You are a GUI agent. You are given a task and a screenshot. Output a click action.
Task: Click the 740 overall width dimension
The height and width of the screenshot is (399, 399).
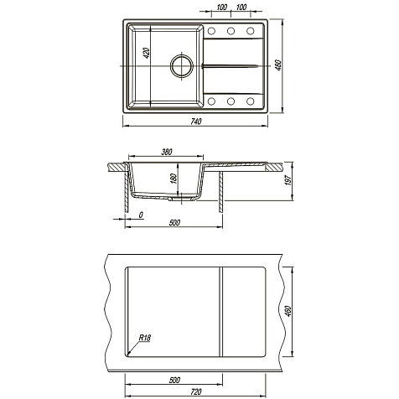196,122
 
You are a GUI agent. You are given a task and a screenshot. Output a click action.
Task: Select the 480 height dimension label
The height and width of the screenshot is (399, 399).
279,65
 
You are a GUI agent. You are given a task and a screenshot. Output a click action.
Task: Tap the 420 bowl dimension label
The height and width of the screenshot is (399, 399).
147,53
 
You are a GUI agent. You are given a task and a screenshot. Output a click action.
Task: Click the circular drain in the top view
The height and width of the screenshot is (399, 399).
182,66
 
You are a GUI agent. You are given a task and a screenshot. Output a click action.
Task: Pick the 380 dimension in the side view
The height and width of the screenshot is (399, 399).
167,152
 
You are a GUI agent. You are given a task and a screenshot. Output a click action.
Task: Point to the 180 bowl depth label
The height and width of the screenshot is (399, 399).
174,179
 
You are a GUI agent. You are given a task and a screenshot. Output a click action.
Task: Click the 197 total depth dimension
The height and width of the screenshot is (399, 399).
288,180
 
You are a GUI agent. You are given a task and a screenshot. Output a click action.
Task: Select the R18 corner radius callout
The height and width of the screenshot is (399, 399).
145,338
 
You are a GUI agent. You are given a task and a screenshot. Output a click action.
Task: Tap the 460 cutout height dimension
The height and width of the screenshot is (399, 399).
288,311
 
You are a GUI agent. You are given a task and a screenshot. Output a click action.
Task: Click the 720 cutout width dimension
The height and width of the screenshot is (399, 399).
196,392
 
